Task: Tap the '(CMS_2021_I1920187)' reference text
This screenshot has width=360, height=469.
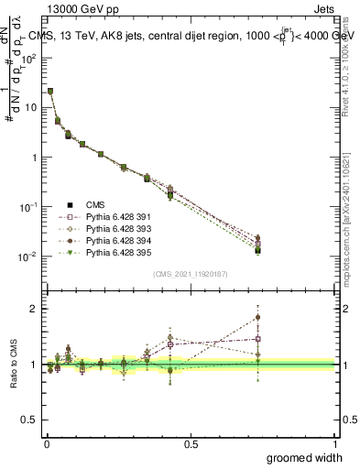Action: point(190,274)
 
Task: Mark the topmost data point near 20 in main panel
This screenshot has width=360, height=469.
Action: point(49,91)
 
